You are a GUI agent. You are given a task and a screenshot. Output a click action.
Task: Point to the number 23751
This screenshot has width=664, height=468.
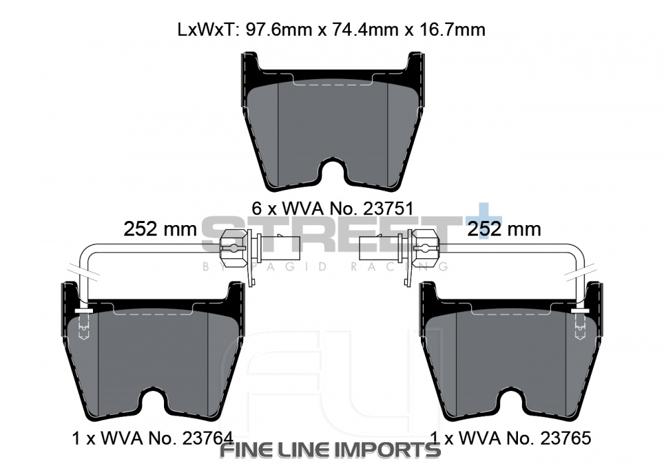coord(386,208)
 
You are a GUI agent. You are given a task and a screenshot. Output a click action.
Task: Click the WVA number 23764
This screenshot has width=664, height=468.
coord(207,438)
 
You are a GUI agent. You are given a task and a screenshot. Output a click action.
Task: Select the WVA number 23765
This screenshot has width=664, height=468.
coord(564,438)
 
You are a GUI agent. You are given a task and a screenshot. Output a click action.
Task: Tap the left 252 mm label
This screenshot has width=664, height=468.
coord(160,229)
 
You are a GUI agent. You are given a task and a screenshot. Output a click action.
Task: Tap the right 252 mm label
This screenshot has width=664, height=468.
coord(504,229)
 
